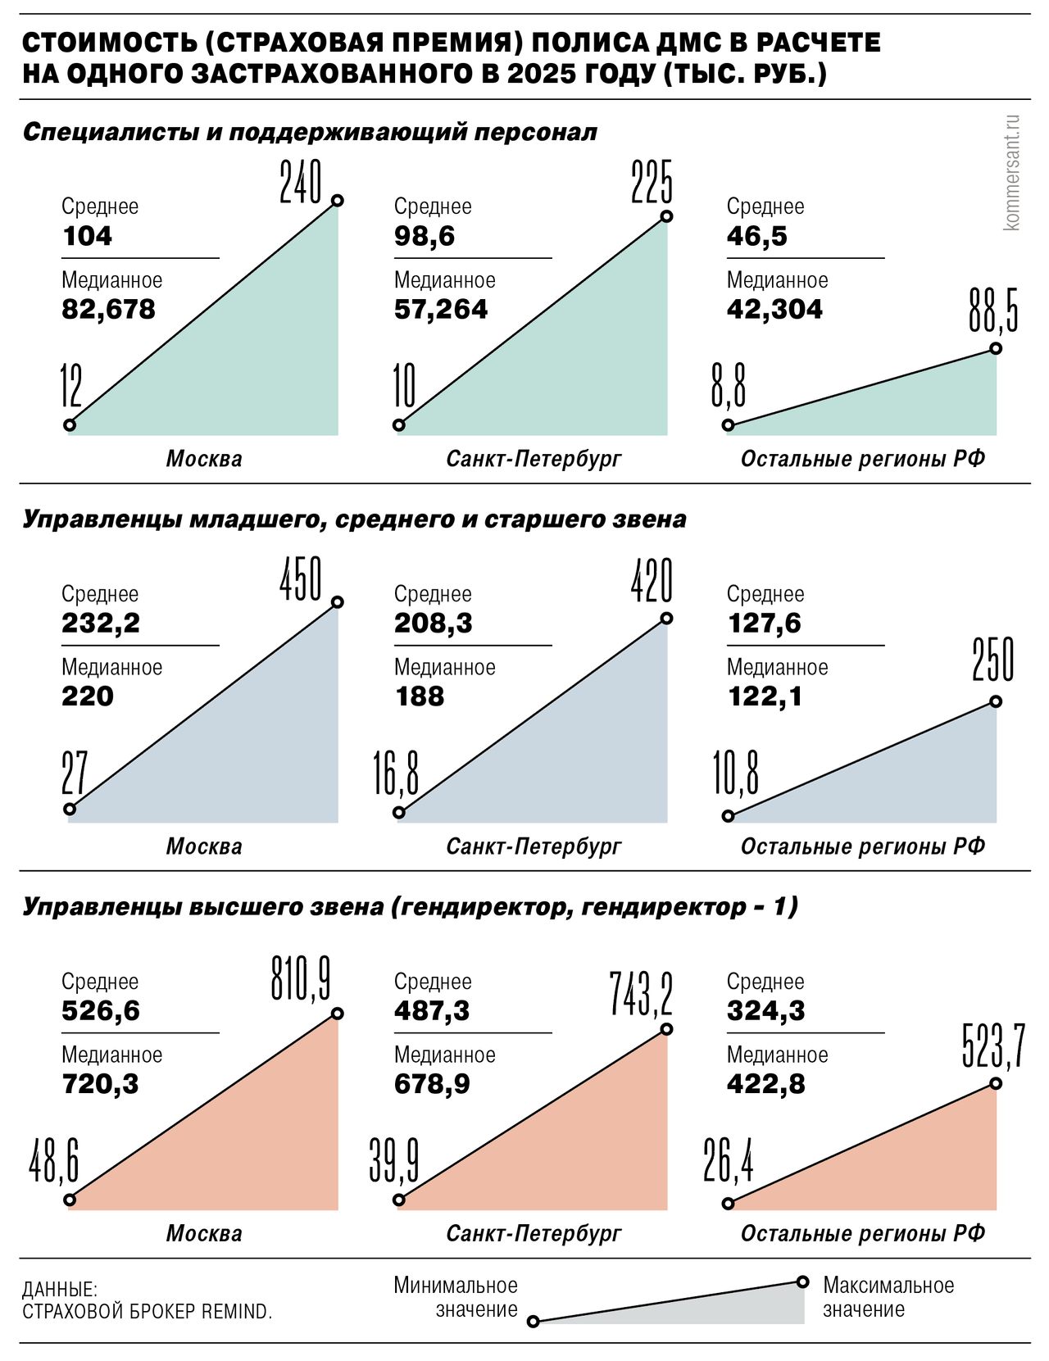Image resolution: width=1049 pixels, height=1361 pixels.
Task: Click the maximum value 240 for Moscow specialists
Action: click(x=301, y=182)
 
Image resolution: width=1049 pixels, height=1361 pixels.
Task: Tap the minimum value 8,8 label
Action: click(x=729, y=387)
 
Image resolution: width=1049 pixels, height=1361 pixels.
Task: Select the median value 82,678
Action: click(x=108, y=310)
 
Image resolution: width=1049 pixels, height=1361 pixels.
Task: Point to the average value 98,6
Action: click(x=424, y=237)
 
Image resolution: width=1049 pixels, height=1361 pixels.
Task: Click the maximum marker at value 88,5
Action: click(x=996, y=348)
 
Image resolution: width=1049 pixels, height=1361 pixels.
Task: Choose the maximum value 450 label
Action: click(x=301, y=579)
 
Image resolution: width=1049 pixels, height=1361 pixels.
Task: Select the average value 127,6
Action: click(x=764, y=624)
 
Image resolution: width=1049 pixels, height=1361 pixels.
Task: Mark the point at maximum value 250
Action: click(x=996, y=701)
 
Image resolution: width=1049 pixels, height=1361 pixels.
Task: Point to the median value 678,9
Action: click(x=432, y=1085)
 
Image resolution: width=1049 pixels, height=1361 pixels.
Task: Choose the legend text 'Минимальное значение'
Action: click(x=456, y=1297)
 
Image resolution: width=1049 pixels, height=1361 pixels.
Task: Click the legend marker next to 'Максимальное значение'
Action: click(x=803, y=1282)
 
